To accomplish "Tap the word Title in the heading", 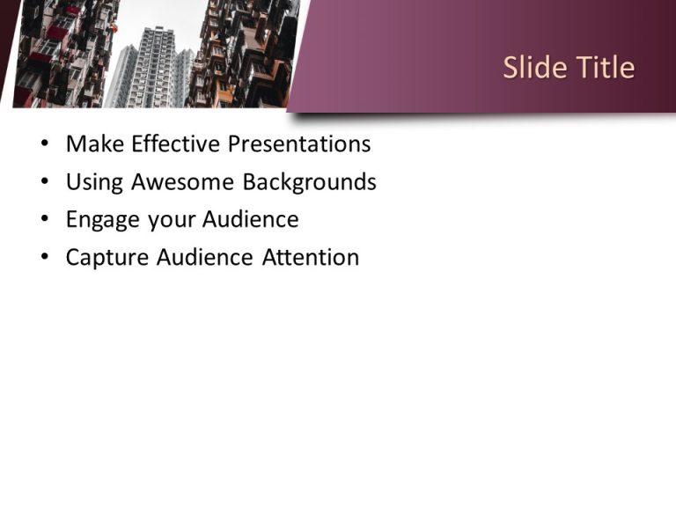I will pyautogui.click(x=603, y=68).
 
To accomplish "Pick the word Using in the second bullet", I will pyautogui.click(x=94, y=182).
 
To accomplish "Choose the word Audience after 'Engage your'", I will pyautogui.click(x=251, y=220).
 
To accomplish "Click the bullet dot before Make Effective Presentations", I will pyautogui.click(x=45, y=144).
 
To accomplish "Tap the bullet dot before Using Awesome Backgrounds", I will pyautogui.click(x=45, y=182).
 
